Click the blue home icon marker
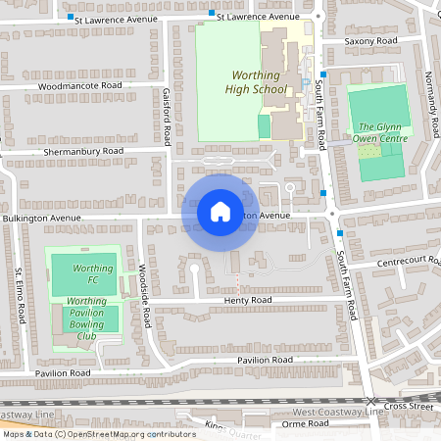(220, 211)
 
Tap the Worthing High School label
(260, 82)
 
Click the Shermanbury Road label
(82, 152)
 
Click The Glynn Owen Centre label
(379, 132)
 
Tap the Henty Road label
(245, 300)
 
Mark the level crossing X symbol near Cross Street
(371, 403)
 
